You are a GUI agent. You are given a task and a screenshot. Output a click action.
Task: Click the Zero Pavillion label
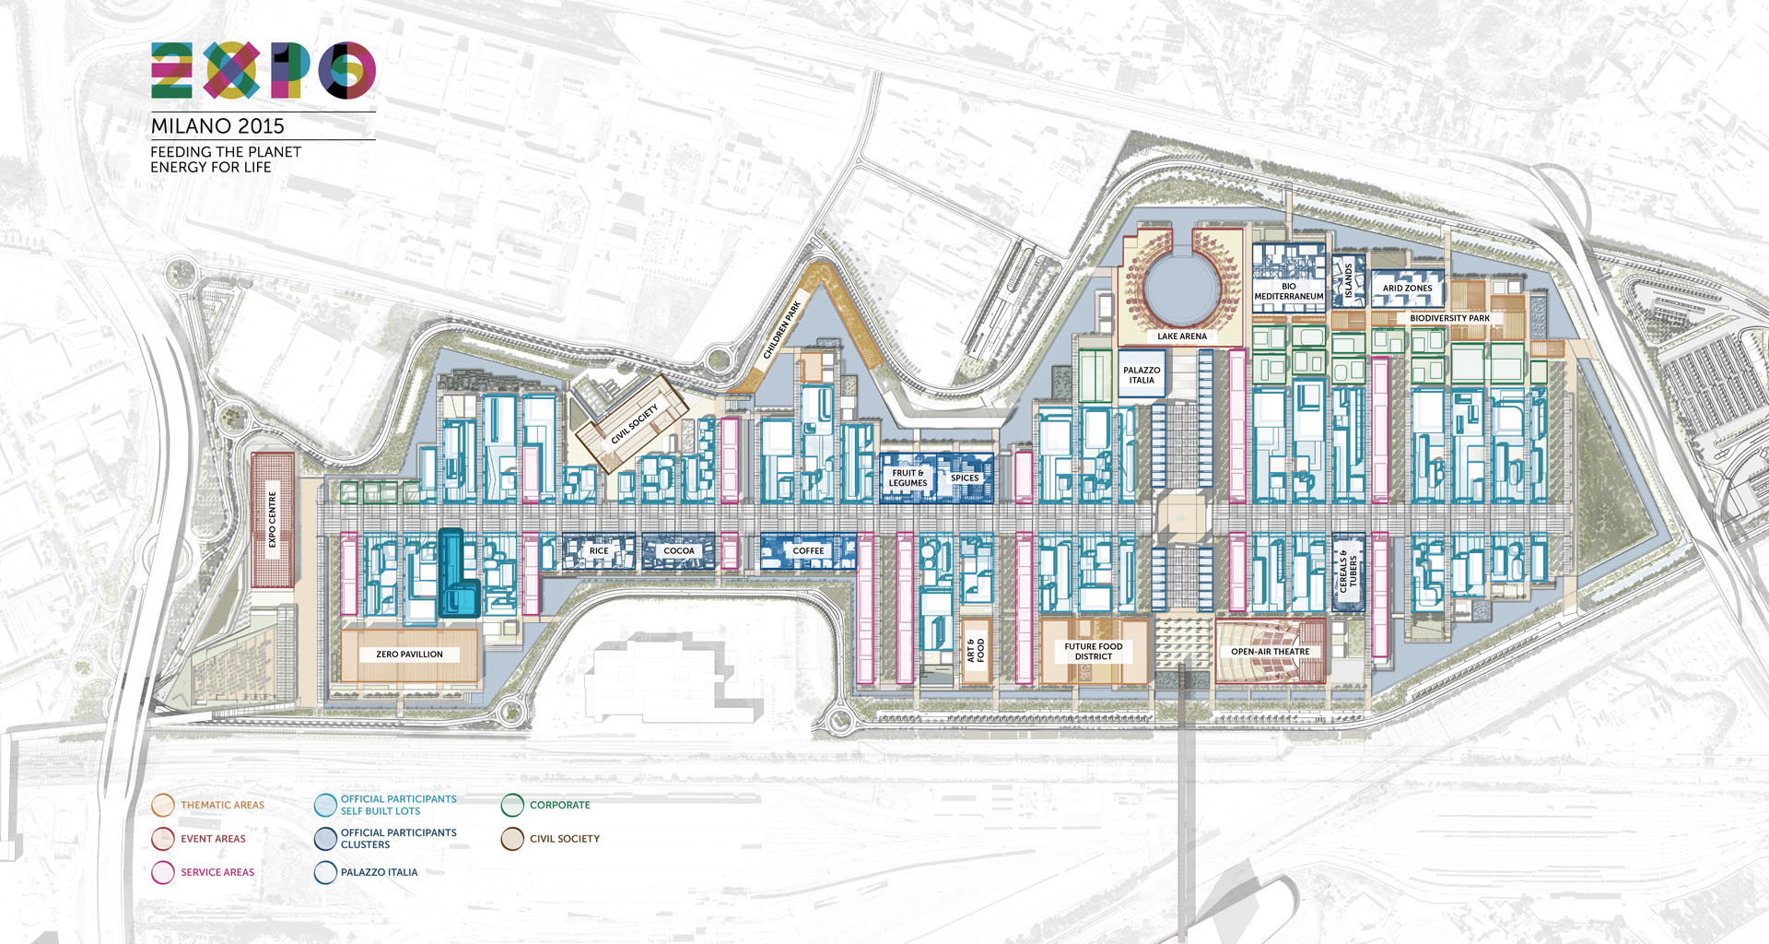tap(409, 655)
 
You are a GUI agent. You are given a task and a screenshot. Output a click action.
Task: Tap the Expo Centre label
tap(273, 519)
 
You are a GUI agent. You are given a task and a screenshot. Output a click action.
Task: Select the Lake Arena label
tap(1182, 336)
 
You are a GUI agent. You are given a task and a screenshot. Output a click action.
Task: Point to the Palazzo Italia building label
tap(1142, 375)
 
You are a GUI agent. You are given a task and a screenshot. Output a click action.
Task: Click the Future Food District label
tap(1094, 652)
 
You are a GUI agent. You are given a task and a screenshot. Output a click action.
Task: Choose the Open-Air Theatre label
tap(1270, 652)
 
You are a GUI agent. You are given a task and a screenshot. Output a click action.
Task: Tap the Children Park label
tap(782, 328)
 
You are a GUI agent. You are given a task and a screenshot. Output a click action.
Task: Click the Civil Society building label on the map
tap(635, 424)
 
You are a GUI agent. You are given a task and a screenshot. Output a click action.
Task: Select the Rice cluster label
tap(599, 551)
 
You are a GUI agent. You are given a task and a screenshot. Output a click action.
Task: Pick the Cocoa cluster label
tap(679, 551)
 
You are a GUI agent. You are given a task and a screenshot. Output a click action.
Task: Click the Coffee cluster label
tap(808, 551)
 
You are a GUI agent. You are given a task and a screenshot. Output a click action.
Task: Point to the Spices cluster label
tap(965, 478)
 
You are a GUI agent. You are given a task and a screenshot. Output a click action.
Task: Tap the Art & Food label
tap(975, 651)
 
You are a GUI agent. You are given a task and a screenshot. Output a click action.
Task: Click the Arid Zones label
tap(1407, 289)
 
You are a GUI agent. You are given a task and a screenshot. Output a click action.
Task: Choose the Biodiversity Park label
tap(1449, 318)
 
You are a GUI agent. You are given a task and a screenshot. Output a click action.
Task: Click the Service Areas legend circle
tap(163, 872)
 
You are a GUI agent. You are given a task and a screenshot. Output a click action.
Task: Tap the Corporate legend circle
tap(512, 805)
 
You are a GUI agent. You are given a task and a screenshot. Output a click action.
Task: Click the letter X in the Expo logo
tap(231, 70)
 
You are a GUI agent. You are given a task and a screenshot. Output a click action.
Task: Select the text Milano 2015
tap(217, 126)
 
